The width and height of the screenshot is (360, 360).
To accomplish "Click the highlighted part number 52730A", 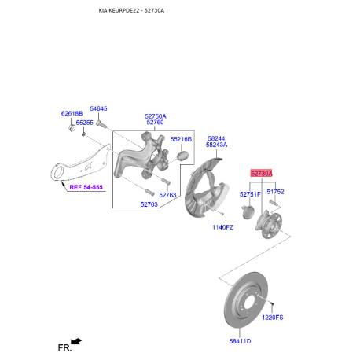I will click(261, 173).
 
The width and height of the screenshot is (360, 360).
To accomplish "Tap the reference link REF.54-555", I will click(85, 188).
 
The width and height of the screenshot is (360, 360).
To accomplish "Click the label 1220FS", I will click(272, 318).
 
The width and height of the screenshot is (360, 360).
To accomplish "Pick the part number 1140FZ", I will click(222, 227).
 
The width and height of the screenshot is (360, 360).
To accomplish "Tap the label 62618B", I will click(72, 113).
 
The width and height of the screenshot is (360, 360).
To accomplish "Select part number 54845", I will click(98, 108).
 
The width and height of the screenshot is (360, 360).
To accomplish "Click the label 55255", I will click(84, 123).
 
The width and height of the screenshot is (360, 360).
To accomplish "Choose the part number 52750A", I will click(155, 116).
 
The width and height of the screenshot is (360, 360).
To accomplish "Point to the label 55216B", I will click(182, 139).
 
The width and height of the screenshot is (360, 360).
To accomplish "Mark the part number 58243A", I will click(216, 145).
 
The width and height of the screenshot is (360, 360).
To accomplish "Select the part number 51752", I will click(275, 191).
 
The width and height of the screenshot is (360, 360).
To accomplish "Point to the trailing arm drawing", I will click(83, 161).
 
